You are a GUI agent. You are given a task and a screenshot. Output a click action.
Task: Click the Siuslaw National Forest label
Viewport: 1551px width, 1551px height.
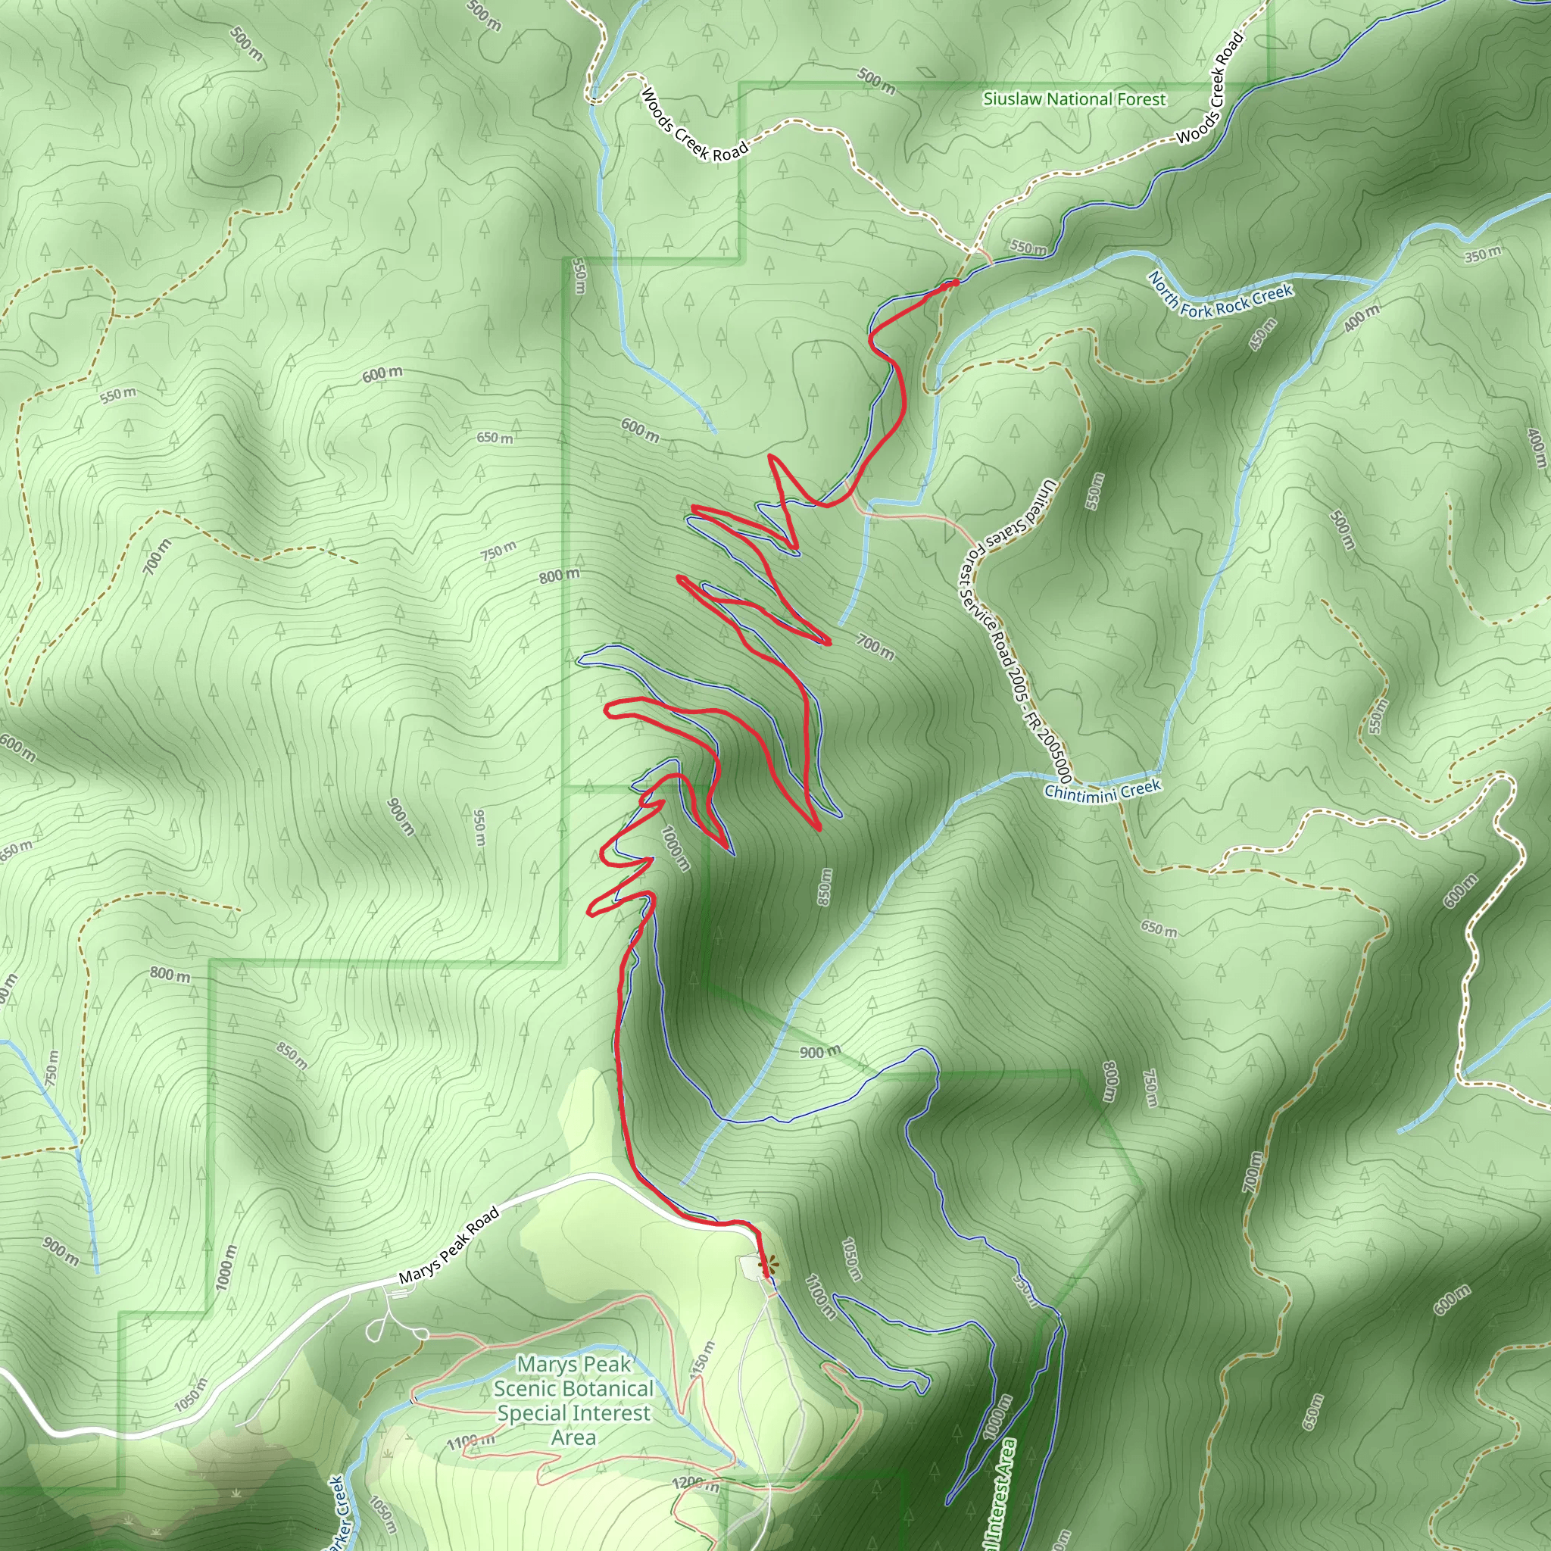(x=1074, y=98)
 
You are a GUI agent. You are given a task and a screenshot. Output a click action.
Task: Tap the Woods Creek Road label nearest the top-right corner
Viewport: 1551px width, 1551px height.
(x=1212, y=88)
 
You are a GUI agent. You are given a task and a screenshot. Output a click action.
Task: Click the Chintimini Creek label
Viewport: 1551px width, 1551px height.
(x=1102, y=790)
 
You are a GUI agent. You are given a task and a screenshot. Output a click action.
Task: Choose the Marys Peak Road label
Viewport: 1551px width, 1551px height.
(x=449, y=1245)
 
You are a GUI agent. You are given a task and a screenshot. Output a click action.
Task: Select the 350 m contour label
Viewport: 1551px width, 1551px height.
(x=1482, y=254)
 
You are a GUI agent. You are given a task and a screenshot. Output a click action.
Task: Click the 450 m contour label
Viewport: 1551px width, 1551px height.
(x=1262, y=335)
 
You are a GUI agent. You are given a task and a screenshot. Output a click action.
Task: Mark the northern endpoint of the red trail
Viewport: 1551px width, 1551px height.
(x=955, y=282)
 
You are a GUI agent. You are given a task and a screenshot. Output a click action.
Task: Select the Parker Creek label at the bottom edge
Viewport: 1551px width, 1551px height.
(x=336, y=1513)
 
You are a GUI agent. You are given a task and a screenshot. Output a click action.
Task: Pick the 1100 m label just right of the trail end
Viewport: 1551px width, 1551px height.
(x=819, y=1297)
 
